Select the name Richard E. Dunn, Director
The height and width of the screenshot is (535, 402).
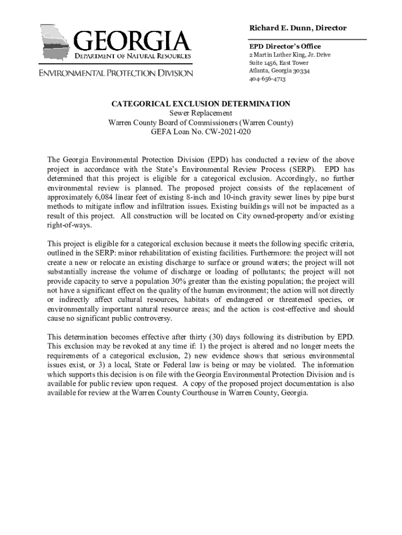point(298,28)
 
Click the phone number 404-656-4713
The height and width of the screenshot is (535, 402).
point(267,79)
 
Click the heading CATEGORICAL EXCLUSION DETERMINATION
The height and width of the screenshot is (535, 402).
point(201,104)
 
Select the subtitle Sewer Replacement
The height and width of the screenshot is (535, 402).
point(201,113)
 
